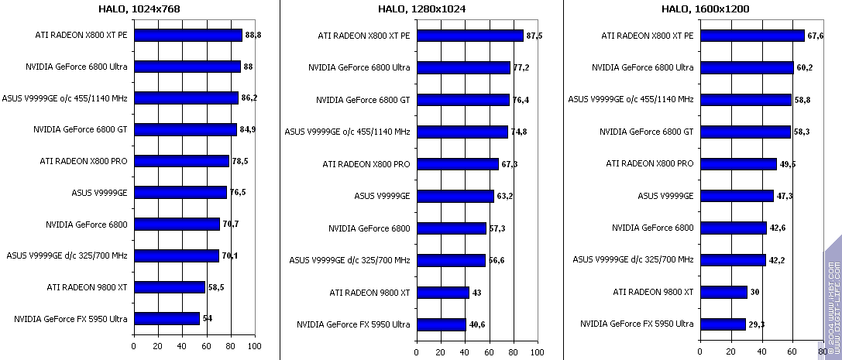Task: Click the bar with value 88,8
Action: coord(188,35)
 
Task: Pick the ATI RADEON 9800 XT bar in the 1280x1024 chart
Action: coord(443,293)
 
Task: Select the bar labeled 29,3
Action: coord(723,324)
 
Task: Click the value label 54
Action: coord(208,318)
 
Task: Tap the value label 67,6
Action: coord(816,36)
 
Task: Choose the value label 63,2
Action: coord(505,196)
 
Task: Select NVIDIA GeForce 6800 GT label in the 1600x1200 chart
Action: coord(646,132)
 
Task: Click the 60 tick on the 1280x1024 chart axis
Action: coord(489,352)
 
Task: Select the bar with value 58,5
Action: coord(170,287)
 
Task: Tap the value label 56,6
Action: coord(497,260)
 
